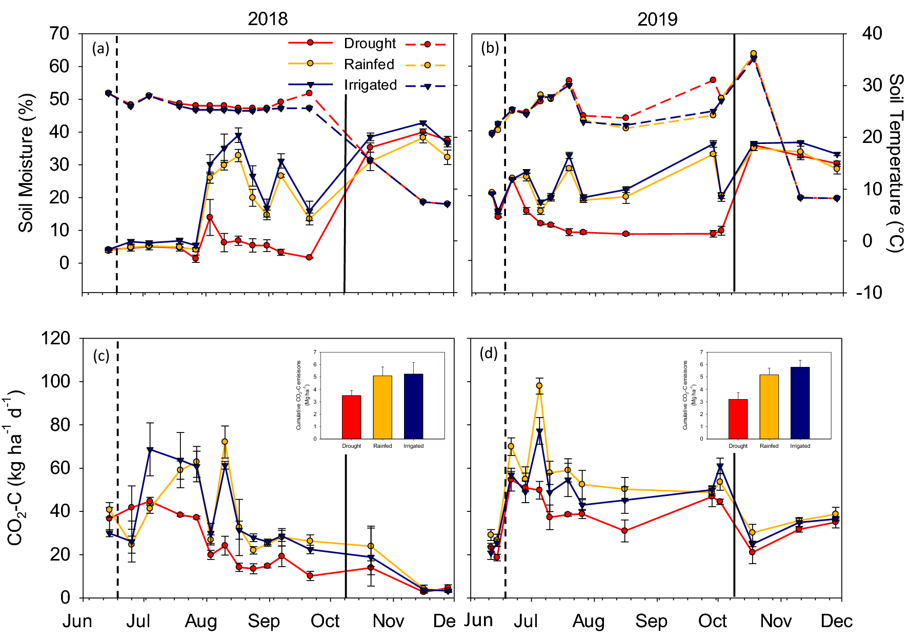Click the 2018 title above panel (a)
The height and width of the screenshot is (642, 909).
(x=268, y=19)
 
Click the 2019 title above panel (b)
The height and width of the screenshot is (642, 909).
(x=657, y=19)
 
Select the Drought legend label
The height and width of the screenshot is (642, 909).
(x=370, y=44)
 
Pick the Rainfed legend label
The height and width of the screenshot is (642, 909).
(x=369, y=65)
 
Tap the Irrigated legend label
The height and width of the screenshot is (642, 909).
(x=370, y=85)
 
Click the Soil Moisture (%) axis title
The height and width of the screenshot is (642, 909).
(x=26, y=163)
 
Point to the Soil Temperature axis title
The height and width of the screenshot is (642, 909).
(x=896, y=163)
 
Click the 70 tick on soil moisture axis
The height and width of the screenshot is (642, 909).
(x=59, y=34)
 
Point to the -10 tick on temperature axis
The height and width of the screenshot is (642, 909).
(x=868, y=293)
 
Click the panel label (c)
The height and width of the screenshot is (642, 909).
(x=101, y=356)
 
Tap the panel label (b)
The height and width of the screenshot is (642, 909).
(x=490, y=48)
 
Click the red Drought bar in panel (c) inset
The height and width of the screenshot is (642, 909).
(x=351, y=417)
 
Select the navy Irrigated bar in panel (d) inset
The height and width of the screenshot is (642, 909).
(x=800, y=403)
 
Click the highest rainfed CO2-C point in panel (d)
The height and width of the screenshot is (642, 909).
(x=539, y=386)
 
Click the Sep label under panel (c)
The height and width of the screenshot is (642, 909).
(x=264, y=622)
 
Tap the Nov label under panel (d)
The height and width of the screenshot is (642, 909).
(x=776, y=622)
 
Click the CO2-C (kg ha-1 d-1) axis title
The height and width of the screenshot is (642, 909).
(x=15, y=467)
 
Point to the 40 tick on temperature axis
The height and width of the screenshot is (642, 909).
(x=872, y=34)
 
